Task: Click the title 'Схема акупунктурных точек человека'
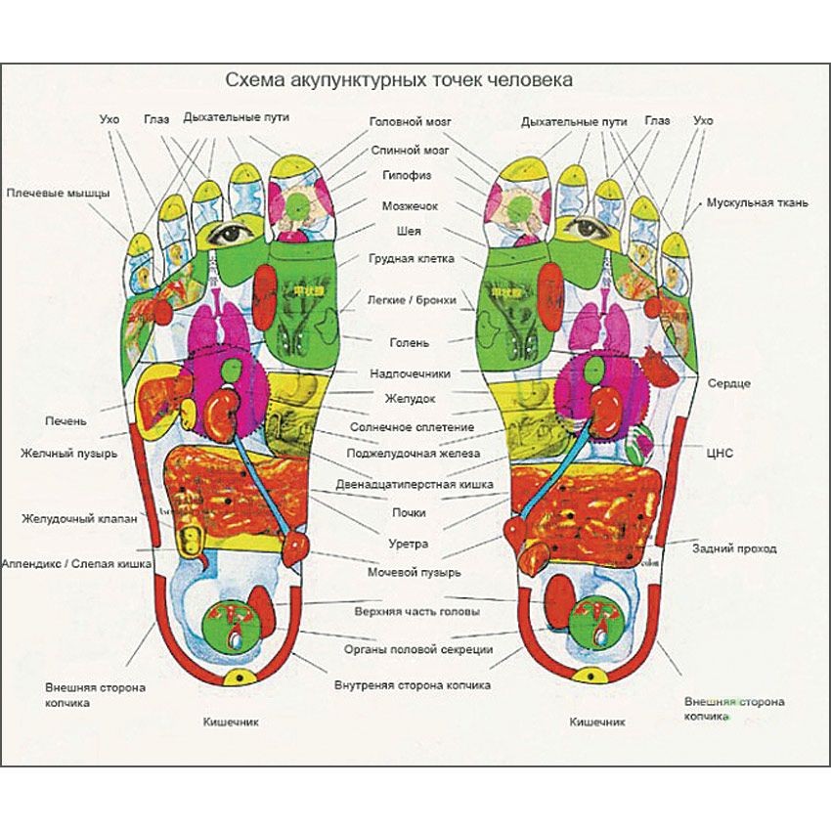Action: pyautogui.click(x=399, y=79)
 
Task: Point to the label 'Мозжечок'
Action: pyautogui.click(x=410, y=206)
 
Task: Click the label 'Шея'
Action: pyautogui.click(x=410, y=232)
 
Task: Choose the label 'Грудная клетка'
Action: pyautogui.click(x=410, y=259)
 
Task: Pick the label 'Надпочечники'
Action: pyautogui.click(x=410, y=373)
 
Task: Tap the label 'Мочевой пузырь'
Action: pyautogui.click(x=415, y=571)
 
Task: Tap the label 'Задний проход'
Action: pyautogui.click(x=733, y=548)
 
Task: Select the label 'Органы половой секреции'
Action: pyautogui.click(x=410, y=649)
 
